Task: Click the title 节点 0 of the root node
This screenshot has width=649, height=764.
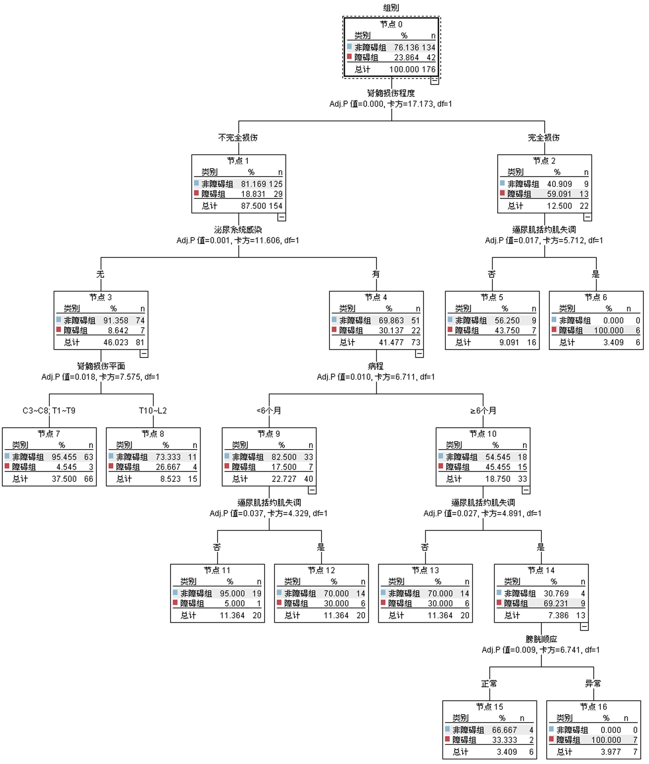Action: (x=391, y=24)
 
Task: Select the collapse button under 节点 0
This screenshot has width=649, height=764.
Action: (x=434, y=80)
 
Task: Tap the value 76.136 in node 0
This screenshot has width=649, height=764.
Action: (x=406, y=48)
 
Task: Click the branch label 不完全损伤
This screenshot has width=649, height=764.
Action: (x=238, y=138)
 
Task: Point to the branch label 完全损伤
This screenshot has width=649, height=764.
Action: (x=544, y=138)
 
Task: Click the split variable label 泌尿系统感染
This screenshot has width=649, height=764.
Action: (x=238, y=230)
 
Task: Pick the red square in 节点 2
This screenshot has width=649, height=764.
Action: (x=502, y=193)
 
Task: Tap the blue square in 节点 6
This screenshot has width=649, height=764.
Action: (x=554, y=319)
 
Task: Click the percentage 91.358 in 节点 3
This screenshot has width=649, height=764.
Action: (x=115, y=320)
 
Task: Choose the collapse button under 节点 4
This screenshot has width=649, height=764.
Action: (x=419, y=354)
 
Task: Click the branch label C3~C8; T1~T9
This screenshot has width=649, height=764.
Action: (x=49, y=410)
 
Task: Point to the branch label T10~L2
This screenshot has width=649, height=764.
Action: (x=153, y=410)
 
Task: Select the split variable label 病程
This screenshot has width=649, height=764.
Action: (x=376, y=366)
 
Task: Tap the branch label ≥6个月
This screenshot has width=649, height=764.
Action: (x=483, y=410)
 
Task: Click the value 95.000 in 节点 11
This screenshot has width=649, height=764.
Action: (x=232, y=593)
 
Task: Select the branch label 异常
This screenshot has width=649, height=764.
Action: (x=593, y=683)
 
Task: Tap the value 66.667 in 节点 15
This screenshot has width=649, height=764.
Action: (x=504, y=730)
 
